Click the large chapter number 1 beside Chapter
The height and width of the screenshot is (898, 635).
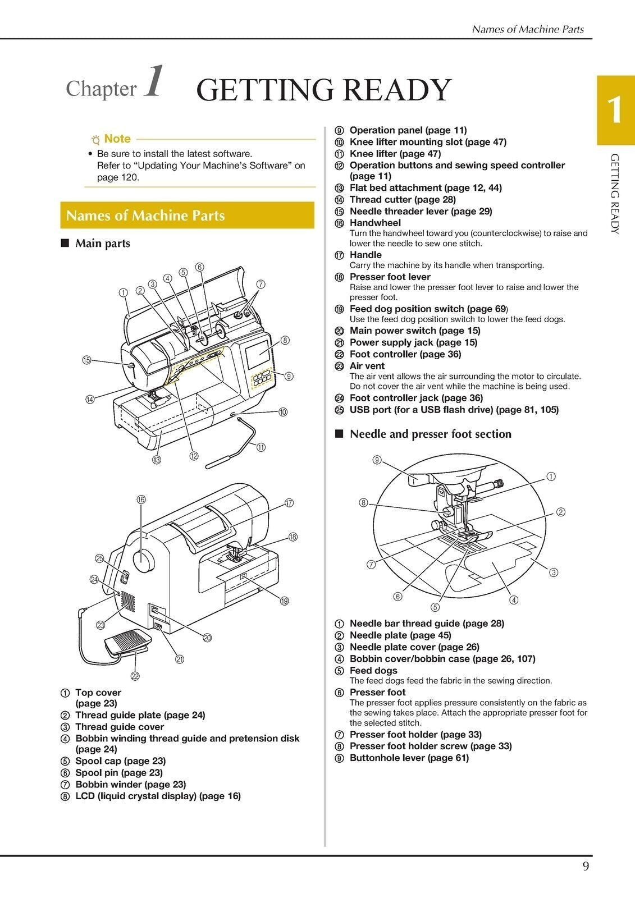point(154,83)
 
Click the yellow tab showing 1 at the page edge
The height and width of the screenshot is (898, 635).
point(615,110)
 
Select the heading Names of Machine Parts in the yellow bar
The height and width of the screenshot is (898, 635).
point(145,216)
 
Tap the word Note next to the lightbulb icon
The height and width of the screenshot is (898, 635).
point(117,139)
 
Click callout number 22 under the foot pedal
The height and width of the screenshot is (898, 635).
point(135,676)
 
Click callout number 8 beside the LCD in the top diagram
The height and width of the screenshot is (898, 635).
point(285,340)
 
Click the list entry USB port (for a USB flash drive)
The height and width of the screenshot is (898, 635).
point(454,410)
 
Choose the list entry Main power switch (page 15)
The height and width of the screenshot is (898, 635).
point(414,331)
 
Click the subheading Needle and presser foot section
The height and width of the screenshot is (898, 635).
point(430,434)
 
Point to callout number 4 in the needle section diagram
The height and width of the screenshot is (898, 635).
point(514,600)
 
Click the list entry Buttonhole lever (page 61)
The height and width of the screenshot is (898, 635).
point(409,758)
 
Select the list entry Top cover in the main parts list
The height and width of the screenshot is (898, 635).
point(98,693)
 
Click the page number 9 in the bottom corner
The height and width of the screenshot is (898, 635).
point(586,867)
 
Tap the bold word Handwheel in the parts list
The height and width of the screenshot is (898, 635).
point(375,223)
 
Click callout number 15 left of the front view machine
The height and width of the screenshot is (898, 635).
point(86,360)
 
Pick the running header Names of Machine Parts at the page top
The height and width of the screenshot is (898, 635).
point(528,29)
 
